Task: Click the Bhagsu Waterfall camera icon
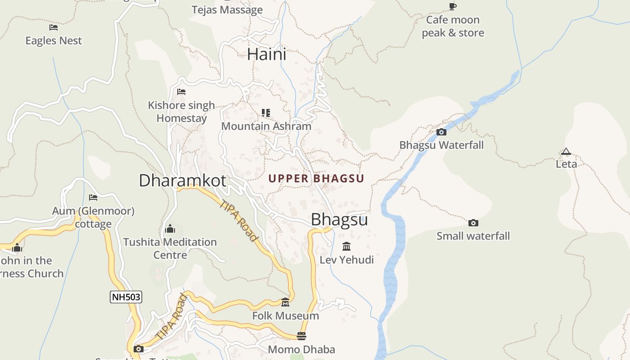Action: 441,132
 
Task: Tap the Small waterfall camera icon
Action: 473,223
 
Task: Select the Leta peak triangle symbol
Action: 566,152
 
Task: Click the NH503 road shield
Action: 126,297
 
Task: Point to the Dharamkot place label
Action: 182,180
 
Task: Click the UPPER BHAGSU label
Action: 316,179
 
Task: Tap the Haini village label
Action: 266,54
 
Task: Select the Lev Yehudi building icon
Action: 346,246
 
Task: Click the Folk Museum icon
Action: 285,302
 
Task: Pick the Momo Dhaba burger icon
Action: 301,336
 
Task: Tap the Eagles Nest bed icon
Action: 54,27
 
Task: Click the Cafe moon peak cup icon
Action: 453,6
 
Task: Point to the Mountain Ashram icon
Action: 266,112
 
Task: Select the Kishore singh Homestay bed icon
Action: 181,92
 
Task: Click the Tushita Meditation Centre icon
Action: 170,229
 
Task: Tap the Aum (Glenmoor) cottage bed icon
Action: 93,197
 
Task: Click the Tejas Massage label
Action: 227,10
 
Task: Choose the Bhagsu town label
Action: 339,220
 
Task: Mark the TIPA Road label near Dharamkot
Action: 239,220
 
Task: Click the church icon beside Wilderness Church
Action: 17,247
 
